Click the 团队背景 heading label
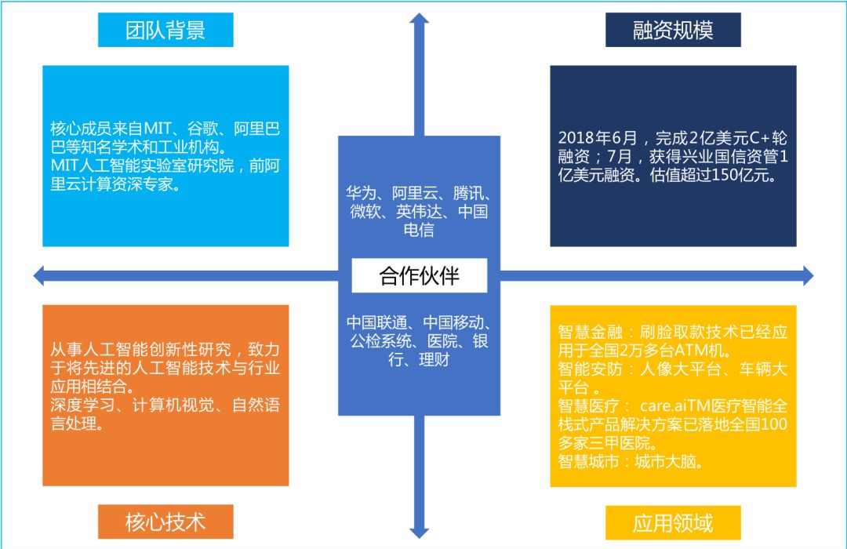pos(165,31)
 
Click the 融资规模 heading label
pos(673,31)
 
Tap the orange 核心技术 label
pos(165,522)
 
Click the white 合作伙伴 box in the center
pos(420,276)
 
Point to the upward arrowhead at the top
pos(420,18)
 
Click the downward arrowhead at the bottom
pos(420,533)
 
